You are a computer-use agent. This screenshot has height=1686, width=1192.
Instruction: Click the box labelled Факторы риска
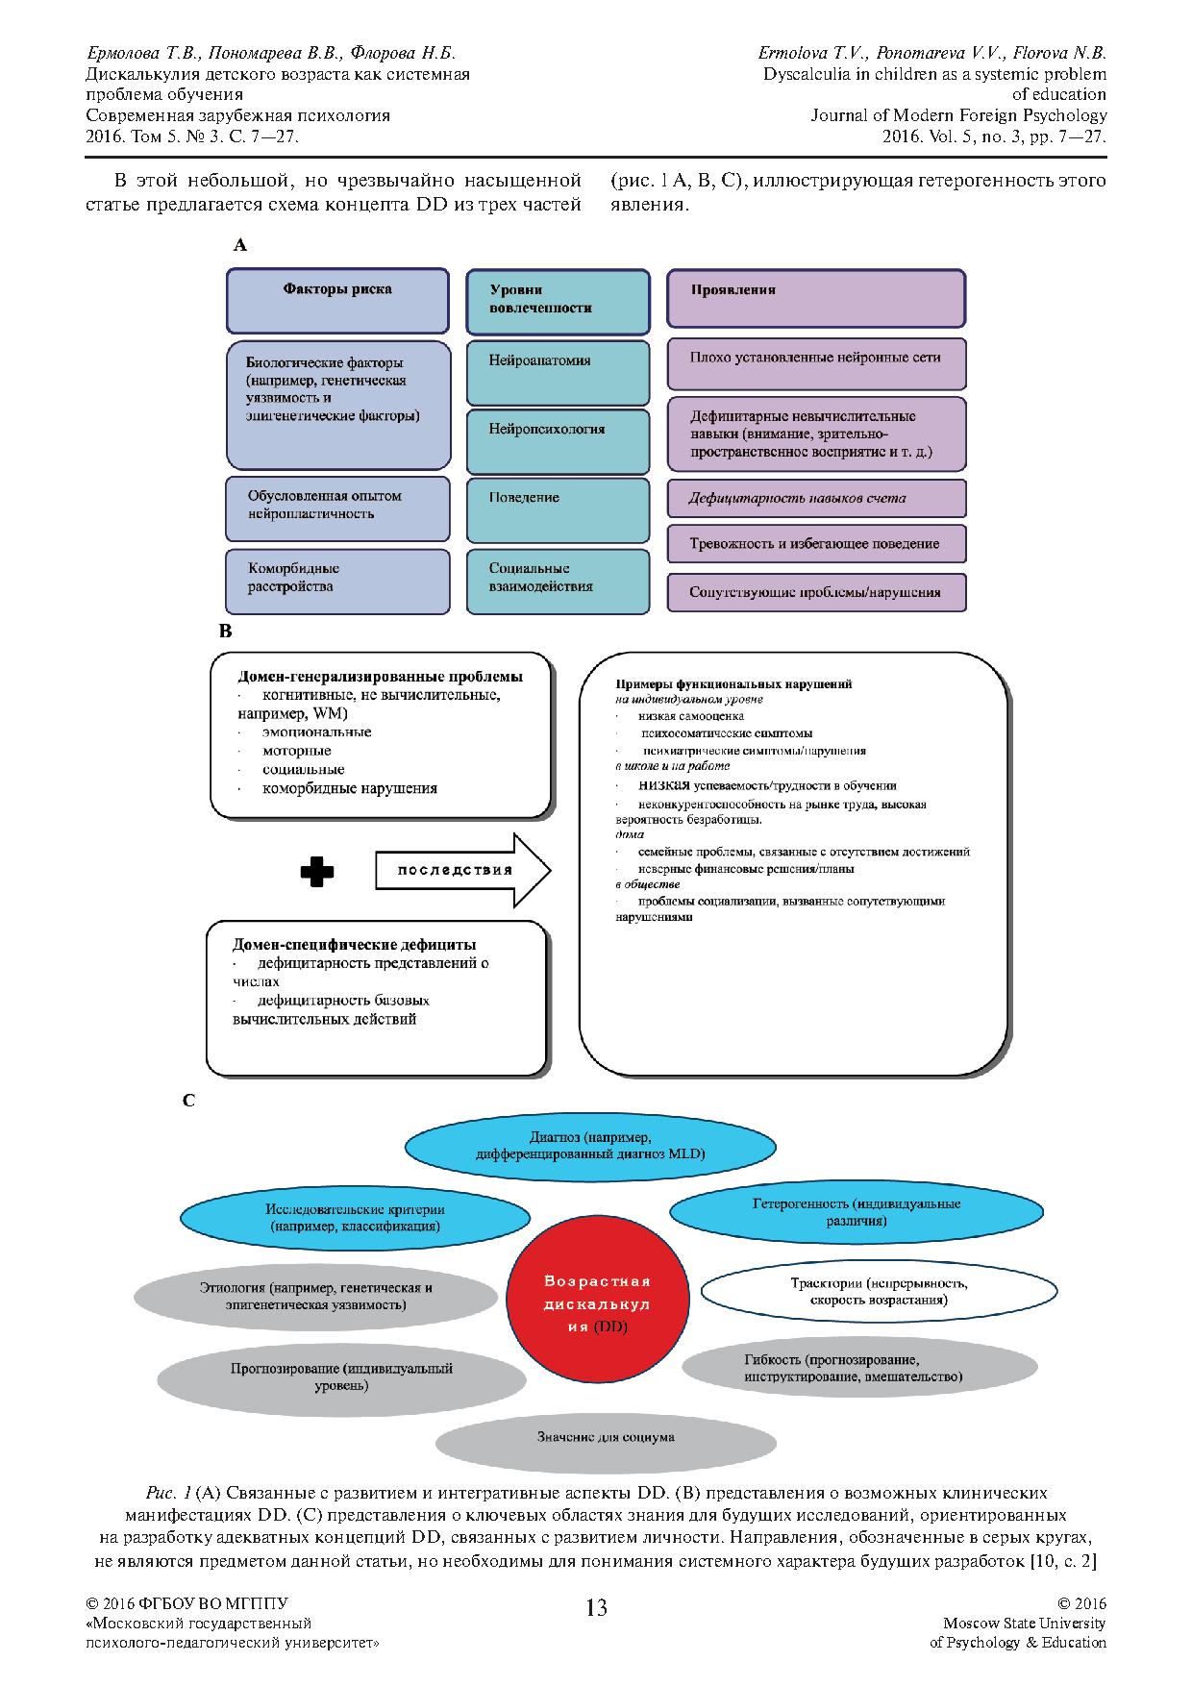[337, 301]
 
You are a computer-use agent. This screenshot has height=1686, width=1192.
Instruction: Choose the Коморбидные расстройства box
[337, 581]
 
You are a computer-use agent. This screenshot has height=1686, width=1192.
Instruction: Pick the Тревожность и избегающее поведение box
[816, 544]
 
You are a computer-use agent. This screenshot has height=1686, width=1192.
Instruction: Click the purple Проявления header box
[816, 299]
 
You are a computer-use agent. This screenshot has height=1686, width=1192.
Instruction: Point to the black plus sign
[317, 871]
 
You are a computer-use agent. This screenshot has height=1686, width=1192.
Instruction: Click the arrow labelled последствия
[461, 870]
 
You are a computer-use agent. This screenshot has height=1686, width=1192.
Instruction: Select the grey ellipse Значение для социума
[606, 1438]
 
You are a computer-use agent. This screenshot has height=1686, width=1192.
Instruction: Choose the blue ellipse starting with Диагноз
[590, 1145]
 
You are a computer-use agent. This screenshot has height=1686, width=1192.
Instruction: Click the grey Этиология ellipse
[316, 1296]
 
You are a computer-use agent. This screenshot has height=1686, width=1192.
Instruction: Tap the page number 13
[596, 1607]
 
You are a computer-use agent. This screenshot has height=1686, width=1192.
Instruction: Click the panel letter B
[226, 632]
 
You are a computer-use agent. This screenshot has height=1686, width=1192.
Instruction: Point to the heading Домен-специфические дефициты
[355, 945]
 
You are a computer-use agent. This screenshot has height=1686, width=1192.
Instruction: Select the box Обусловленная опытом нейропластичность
[337, 508]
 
